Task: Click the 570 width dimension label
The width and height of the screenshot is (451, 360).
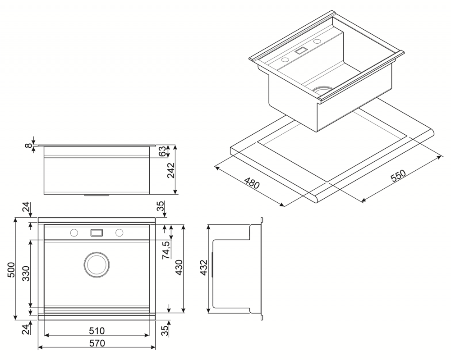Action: pos(97,343)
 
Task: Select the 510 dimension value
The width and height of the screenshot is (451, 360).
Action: pos(97,331)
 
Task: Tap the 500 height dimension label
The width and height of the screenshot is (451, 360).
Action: pos(11,270)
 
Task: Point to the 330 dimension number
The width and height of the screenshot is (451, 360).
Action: pos(26,273)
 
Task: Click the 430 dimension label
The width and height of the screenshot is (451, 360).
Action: pos(179,268)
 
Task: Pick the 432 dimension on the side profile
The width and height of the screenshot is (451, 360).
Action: pos(204,268)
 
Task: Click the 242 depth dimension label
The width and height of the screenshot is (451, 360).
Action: pos(171,170)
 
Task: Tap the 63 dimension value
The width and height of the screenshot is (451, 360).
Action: pos(162,151)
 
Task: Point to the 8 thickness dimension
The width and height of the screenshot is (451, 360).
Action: pos(28,146)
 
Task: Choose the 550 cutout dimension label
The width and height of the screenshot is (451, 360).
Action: pos(398,175)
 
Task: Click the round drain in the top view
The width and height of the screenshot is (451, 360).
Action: pos(97,265)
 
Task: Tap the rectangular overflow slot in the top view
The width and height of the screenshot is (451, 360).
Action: pos(97,232)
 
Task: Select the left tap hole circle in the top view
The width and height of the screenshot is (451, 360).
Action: pos(74,233)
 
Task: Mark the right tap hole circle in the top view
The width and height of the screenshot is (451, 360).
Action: pos(120,233)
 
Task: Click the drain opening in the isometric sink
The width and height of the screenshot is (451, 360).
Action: pos(323,90)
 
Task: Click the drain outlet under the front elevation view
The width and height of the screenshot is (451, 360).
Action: pos(97,195)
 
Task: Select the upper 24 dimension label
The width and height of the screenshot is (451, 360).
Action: pos(26,207)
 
